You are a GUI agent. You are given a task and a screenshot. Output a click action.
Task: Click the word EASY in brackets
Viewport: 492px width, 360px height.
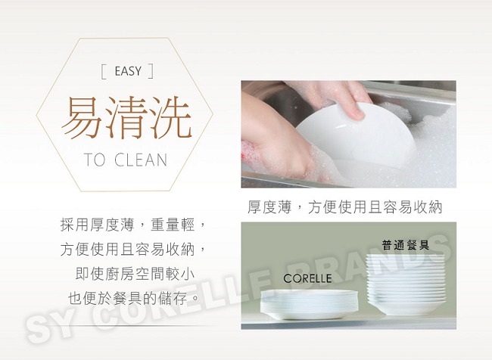pos(128,71)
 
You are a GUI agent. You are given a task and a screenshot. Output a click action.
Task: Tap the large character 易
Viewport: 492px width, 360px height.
pos(83,117)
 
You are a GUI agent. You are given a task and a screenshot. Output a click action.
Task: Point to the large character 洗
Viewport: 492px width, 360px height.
pos(170,117)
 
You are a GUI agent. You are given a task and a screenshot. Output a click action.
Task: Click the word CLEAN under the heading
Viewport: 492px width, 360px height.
pos(141,160)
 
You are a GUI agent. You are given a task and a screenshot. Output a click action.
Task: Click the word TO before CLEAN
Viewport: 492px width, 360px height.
pos(95,160)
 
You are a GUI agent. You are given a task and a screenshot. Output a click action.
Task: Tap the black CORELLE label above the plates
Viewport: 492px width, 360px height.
pos(307,278)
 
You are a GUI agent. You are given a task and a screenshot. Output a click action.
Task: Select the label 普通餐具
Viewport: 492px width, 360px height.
pos(406,245)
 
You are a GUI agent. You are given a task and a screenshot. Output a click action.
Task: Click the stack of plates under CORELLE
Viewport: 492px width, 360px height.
pos(309,303)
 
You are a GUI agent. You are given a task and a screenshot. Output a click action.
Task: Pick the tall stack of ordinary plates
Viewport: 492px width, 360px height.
pos(406,284)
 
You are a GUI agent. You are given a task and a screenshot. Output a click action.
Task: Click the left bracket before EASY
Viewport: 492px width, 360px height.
pos(104,71)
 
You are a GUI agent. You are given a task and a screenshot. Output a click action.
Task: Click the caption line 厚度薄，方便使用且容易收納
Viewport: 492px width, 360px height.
pos(345,207)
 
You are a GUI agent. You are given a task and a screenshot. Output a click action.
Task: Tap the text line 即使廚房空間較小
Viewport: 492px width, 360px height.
pos(135,274)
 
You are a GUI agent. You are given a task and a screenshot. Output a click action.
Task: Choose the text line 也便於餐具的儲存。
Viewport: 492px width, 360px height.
pos(134,298)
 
